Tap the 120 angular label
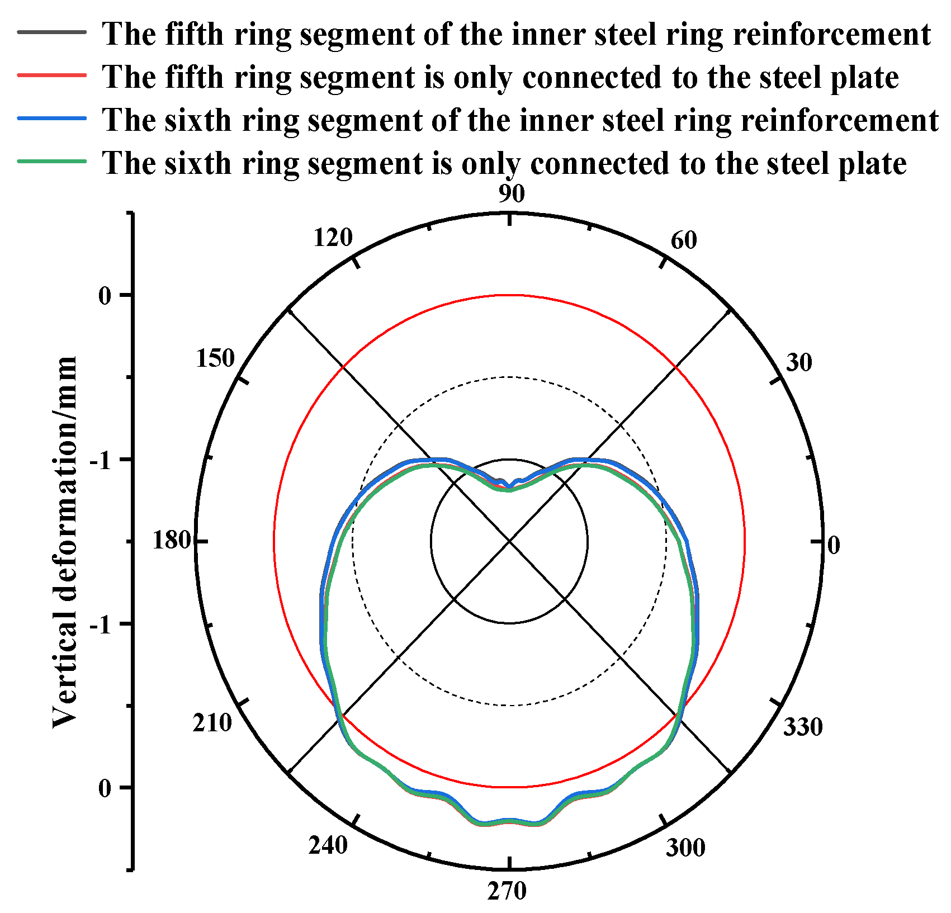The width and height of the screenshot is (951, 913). tap(333, 238)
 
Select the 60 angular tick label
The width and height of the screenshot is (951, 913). tap(684, 240)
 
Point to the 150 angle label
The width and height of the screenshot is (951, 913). tap(215, 358)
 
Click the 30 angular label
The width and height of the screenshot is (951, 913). tap(799, 363)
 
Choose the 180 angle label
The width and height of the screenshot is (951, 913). tap(172, 541)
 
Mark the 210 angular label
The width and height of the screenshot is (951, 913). tap(212, 723)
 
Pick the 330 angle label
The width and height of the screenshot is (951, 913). tap(803, 727)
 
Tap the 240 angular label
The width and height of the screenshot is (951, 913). tap(328, 845)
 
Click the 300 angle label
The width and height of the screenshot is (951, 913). tap(685, 848)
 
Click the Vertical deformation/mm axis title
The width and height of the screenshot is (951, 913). tap(65, 541)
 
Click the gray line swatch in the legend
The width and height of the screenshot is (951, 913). tap(52, 32)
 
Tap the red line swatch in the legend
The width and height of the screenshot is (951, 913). tap(52, 75)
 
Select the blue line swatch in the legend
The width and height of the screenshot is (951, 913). tap(52, 118)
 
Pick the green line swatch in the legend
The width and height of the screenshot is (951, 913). tap(52, 161)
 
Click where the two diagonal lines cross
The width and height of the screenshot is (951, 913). tap(509, 541)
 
